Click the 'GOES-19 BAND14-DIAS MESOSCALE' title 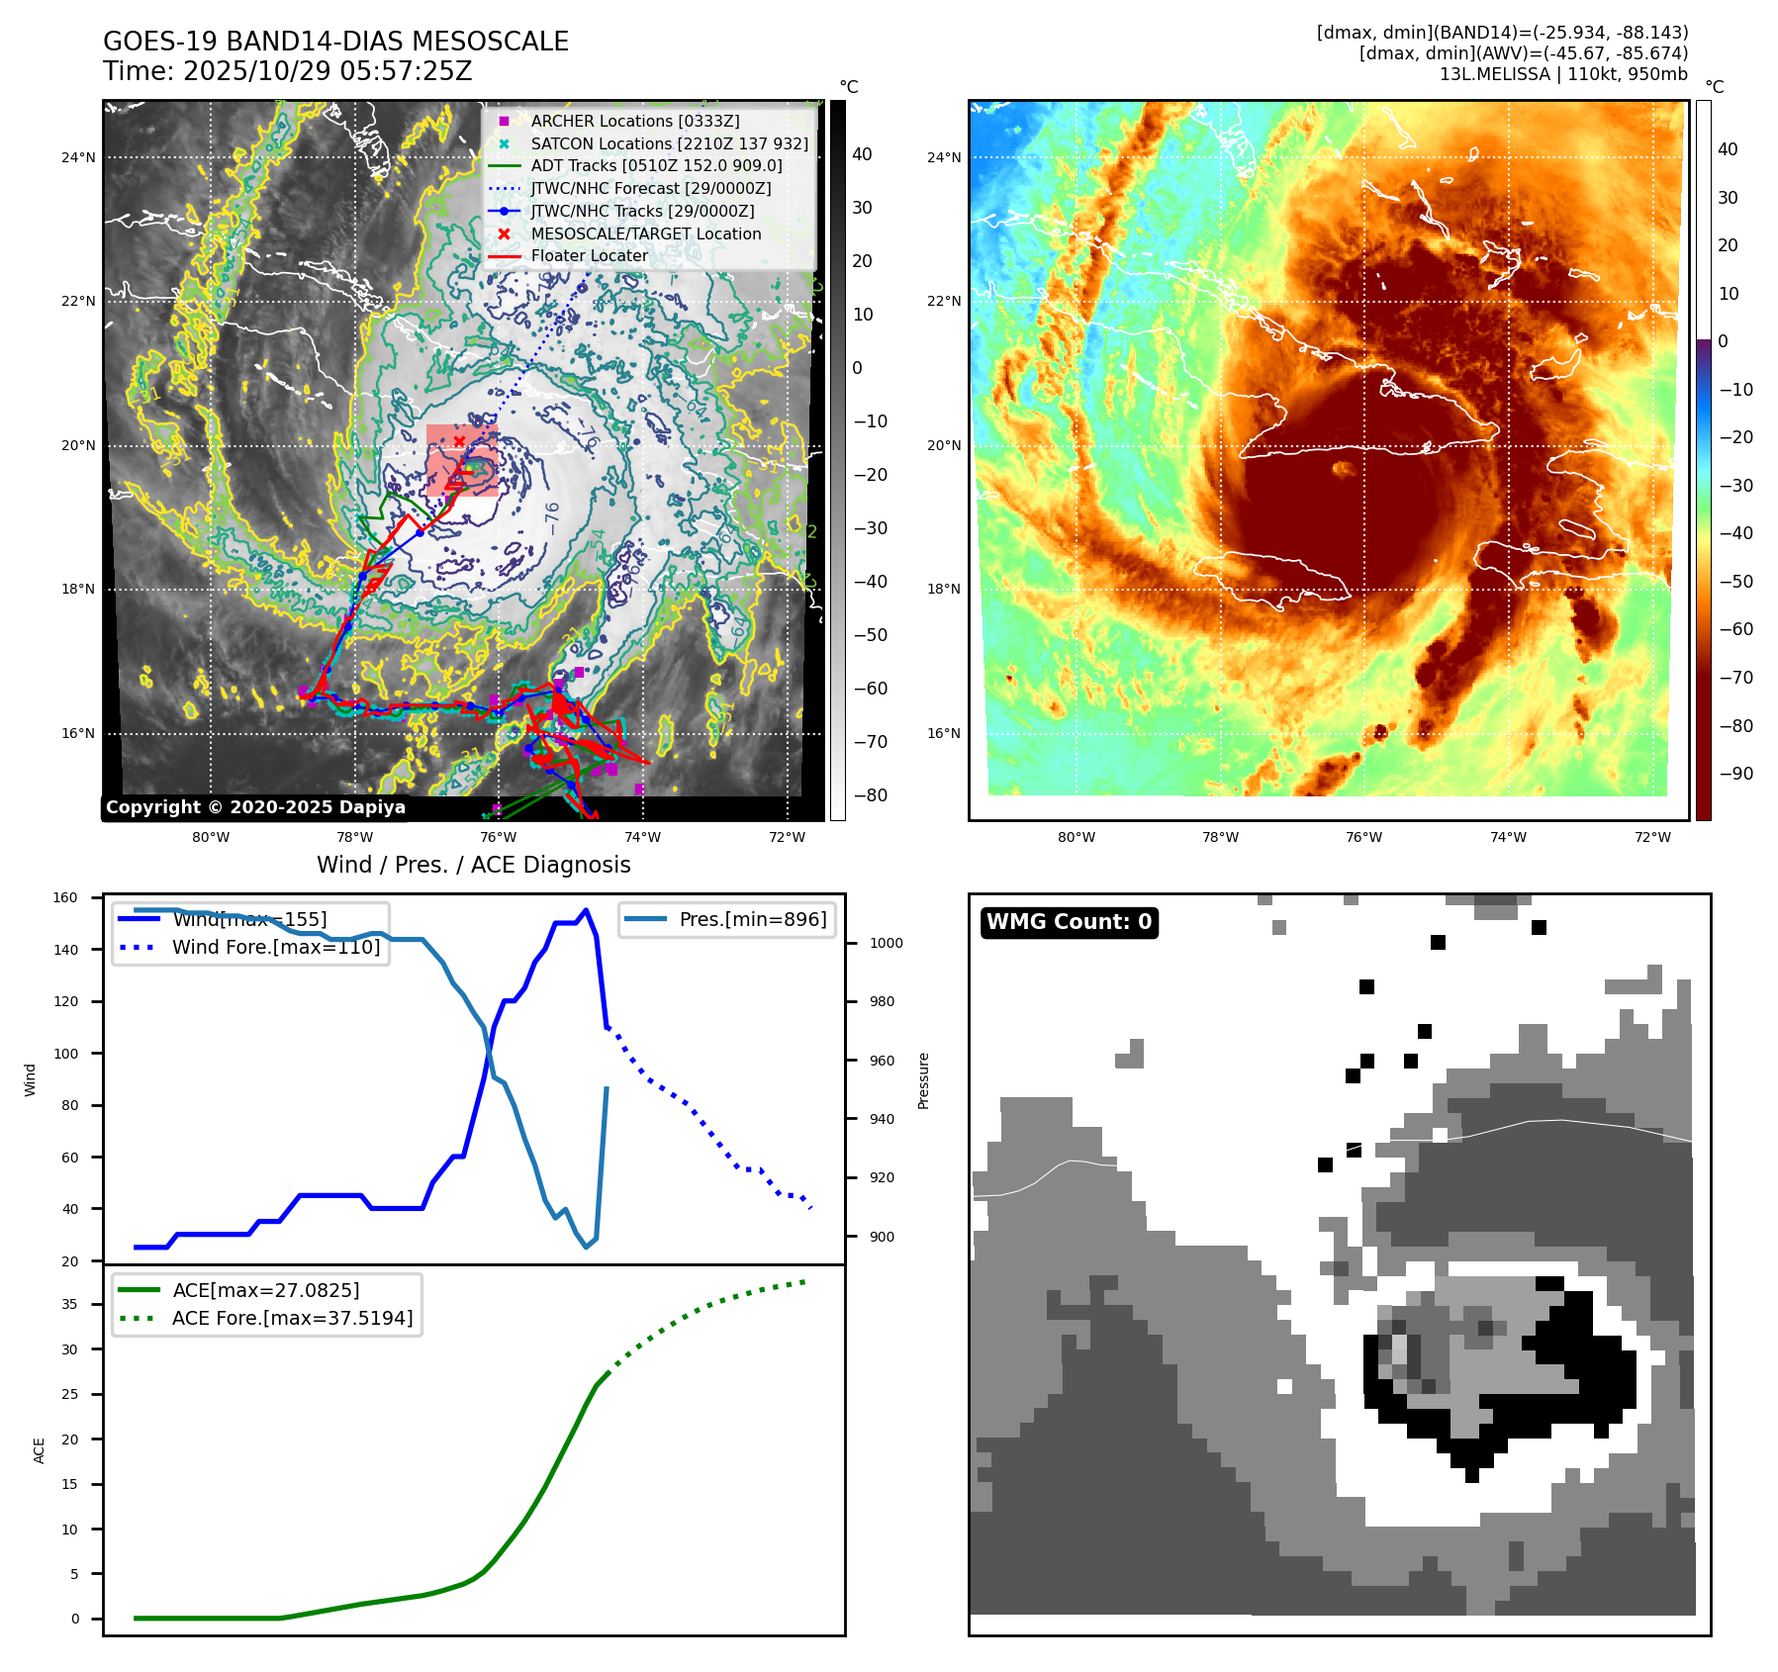[x=335, y=42]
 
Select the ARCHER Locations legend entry [x=634, y=121]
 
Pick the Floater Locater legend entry [x=589, y=255]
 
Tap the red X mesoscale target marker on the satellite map [x=459, y=441]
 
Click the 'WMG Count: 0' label [x=1069, y=922]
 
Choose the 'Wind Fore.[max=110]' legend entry [x=275, y=947]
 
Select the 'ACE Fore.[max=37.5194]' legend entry [x=292, y=1318]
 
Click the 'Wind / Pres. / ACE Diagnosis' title [x=473, y=865]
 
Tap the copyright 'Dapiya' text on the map [x=255, y=807]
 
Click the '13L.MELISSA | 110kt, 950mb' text [x=1563, y=74]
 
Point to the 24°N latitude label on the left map [x=79, y=157]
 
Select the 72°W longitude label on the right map [x=1652, y=837]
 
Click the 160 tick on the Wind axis [x=65, y=897]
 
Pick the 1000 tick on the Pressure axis [x=886, y=943]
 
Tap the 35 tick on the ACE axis [x=69, y=1304]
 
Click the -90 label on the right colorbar [x=1735, y=774]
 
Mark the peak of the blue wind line [x=587, y=910]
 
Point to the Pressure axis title [x=923, y=1080]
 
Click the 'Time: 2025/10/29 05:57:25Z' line [x=287, y=71]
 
